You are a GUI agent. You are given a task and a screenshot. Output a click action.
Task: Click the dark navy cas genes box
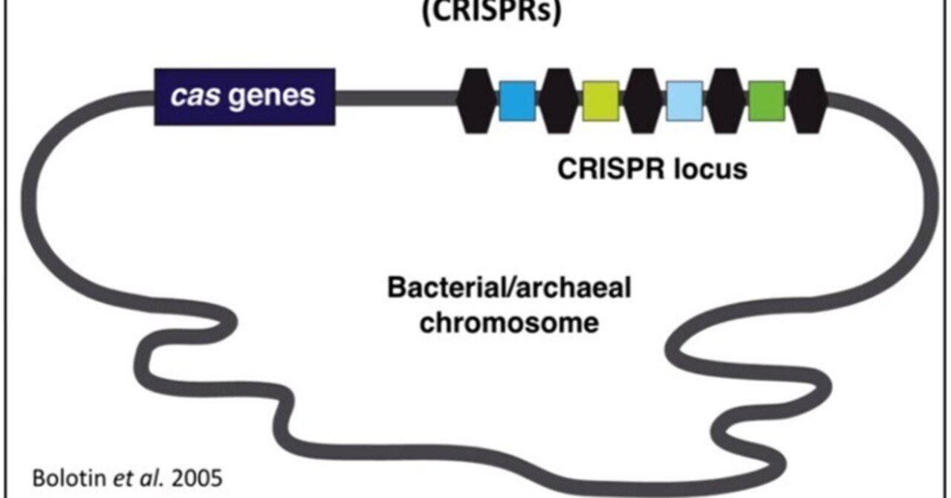[244, 97]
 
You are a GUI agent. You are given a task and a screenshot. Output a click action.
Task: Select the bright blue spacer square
[518, 101]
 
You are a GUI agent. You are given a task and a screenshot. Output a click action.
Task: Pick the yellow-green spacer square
[601, 101]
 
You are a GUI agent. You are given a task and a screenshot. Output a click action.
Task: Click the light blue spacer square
[685, 101]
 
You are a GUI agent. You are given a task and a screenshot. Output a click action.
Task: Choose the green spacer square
[767, 101]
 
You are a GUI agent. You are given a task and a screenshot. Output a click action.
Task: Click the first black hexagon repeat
[476, 101]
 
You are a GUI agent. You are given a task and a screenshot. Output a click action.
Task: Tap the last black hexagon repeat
[808, 101]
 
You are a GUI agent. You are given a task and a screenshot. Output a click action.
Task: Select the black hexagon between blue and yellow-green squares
[559, 101]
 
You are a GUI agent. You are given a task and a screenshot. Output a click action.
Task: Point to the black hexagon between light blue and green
[727, 101]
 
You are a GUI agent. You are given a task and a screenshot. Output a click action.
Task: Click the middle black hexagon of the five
[643, 101]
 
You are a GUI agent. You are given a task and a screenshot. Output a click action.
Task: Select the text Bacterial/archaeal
[509, 288]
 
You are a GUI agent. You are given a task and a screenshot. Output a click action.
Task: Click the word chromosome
[509, 323]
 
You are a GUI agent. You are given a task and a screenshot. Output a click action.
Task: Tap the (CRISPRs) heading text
[490, 13]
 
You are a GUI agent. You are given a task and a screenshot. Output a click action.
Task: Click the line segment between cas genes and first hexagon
[395, 97]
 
